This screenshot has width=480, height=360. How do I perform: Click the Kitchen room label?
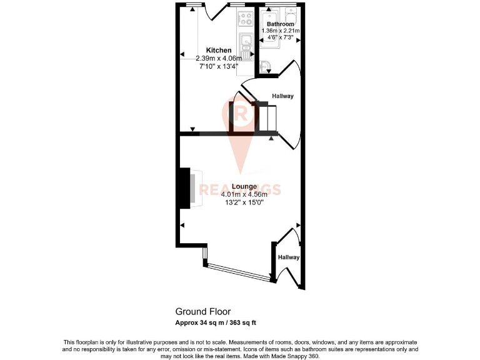(219, 50)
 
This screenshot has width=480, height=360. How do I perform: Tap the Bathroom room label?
(279, 24)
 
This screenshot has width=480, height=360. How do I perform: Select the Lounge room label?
(244, 186)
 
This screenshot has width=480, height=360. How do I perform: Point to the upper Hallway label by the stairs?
(282, 96)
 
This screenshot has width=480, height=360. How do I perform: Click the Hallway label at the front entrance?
(289, 257)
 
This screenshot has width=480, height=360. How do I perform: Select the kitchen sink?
(245, 44)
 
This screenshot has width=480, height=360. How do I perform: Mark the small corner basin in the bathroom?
(265, 64)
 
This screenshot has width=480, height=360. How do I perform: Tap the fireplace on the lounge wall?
(186, 188)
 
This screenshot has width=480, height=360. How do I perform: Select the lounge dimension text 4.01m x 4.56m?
(244, 194)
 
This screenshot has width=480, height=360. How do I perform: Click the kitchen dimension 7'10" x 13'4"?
(218, 65)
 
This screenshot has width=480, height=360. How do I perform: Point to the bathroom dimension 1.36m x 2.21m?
(281, 31)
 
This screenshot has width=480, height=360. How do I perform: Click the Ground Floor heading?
(202, 311)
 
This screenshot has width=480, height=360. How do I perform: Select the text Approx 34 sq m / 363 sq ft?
(216, 322)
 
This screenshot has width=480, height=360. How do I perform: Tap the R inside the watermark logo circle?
(241, 113)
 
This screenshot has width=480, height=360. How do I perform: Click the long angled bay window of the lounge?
(237, 272)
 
